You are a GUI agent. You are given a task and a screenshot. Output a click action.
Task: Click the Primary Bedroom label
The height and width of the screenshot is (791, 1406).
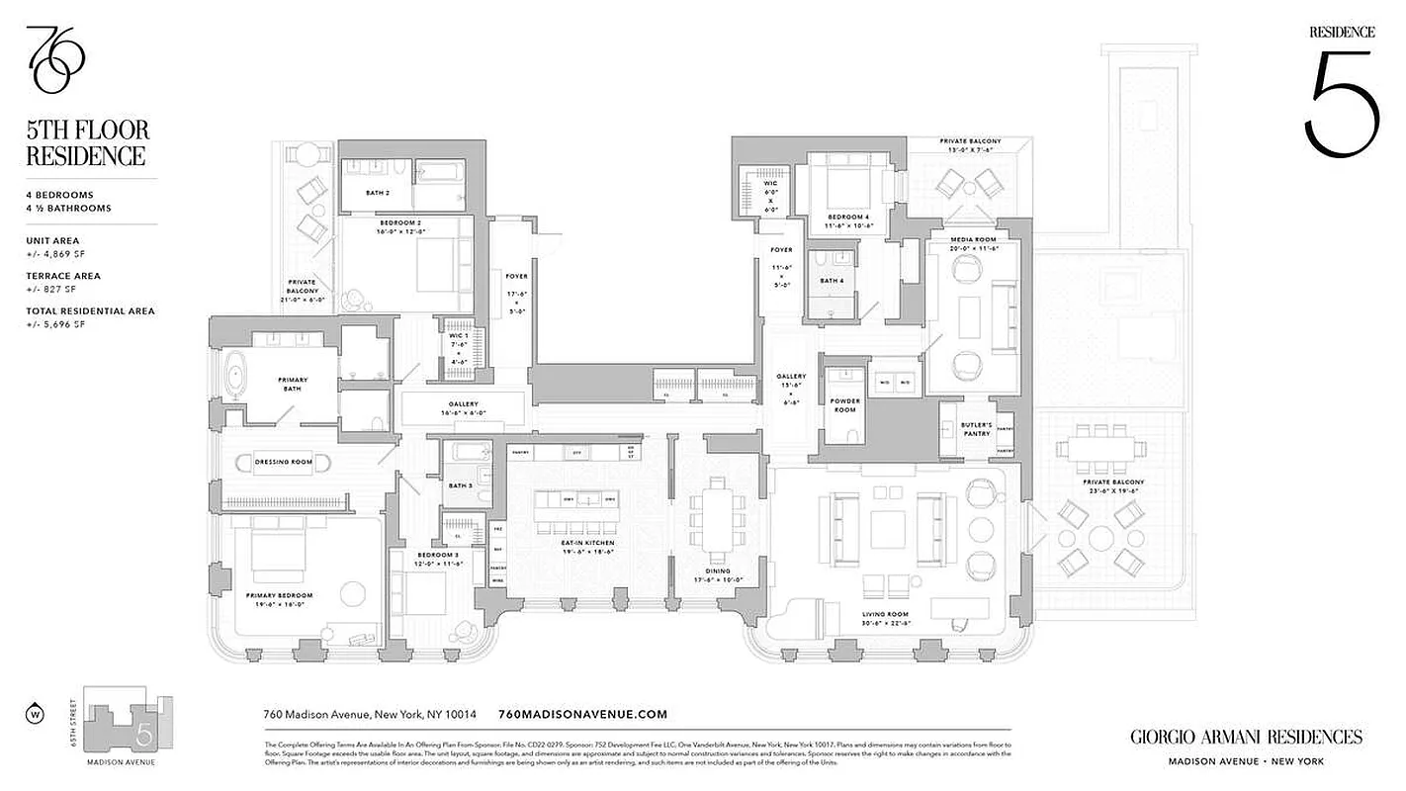pos(279,595)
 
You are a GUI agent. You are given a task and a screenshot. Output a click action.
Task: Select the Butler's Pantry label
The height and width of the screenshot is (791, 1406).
pos(976,429)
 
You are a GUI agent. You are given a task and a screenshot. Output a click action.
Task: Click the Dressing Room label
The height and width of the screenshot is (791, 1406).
pos(283,462)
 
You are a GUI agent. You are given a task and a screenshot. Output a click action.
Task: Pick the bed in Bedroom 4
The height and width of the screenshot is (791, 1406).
pos(845,189)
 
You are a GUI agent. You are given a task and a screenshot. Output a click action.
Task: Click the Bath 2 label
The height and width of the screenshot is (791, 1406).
pos(377,193)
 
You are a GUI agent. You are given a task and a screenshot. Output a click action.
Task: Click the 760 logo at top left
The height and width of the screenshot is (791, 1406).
pos(55,59)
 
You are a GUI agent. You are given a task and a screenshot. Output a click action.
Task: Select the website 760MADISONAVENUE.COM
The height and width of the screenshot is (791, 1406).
pos(583,714)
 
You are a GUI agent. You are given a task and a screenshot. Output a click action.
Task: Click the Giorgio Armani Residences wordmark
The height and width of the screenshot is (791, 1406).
pos(1245,737)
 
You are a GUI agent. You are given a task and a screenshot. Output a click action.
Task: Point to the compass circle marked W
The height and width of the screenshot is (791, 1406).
pos(37,713)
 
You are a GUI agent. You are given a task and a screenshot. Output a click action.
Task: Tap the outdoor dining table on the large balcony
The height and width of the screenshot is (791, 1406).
pos(1095,448)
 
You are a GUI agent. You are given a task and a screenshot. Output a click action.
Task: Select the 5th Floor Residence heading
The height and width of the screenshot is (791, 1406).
pos(88,142)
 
